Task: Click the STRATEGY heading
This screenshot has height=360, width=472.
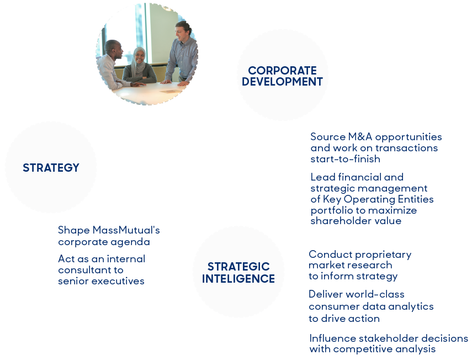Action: [x=51, y=168]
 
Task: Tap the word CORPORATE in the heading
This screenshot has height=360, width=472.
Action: [x=282, y=71]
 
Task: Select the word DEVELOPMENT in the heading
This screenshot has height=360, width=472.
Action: [x=282, y=82]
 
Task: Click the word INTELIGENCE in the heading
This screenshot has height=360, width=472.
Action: [x=238, y=279]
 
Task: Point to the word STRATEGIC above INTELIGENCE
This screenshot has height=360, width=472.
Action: [x=238, y=267]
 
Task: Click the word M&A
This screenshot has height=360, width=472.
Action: [x=360, y=136]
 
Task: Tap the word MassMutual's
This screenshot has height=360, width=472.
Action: [x=126, y=230]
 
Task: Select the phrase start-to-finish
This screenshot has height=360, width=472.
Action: [x=345, y=158]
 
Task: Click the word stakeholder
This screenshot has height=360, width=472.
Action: [x=388, y=338]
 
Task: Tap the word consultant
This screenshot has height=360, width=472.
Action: [x=81, y=270]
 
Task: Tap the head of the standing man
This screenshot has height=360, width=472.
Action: [x=183, y=31]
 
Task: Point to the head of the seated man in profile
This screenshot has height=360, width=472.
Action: [x=114, y=50]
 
